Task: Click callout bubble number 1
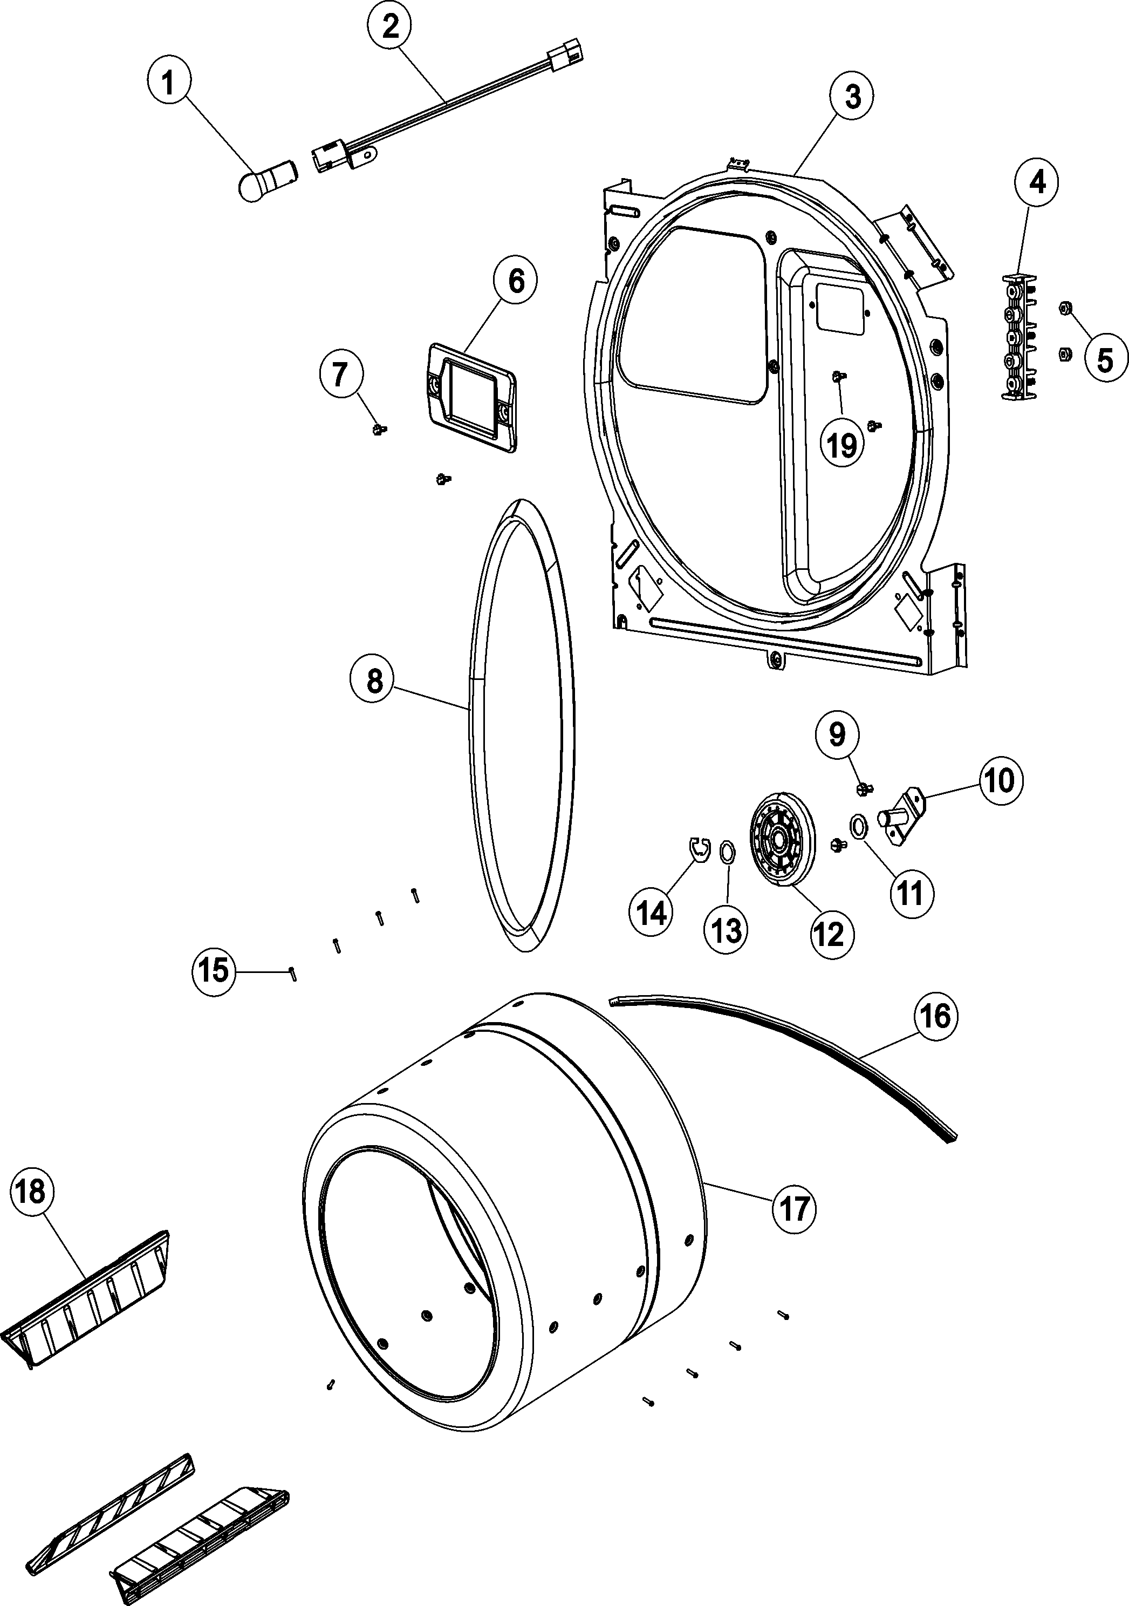point(167,85)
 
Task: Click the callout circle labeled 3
point(853,98)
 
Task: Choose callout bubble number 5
point(1105,360)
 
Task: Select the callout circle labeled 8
point(375,680)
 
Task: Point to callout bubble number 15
point(214,970)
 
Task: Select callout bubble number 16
point(936,1016)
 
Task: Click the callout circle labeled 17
point(793,1208)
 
